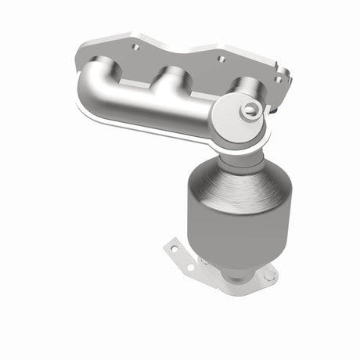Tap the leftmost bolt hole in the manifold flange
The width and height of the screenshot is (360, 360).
[x=135, y=47]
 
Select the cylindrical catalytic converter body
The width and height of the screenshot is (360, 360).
[x=235, y=231]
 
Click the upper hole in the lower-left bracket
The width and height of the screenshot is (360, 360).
[x=175, y=249]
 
